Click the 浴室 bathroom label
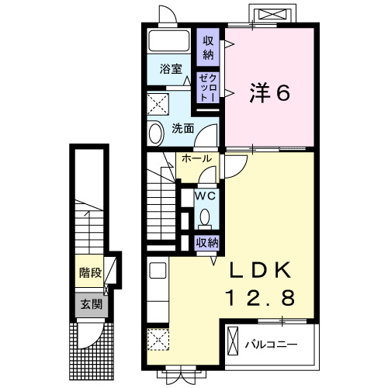click(171, 69)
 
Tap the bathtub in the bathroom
click(169, 40)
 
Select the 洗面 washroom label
click(183, 128)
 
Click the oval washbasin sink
click(155, 133)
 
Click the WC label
click(205, 196)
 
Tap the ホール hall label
click(196, 158)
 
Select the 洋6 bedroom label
click(269, 93)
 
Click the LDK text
click(260, 270)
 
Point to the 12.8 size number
click(261, 297)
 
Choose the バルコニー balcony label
click(271, 345)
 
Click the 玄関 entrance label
click(92, 304)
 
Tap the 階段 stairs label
click(90, 272)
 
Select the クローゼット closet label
click(208, 88)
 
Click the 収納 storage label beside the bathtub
click(208, 47)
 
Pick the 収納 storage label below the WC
click(207, 243)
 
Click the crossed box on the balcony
click(232, 341)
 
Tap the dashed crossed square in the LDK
click(158, 339)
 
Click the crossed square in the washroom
click(158, 104)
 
